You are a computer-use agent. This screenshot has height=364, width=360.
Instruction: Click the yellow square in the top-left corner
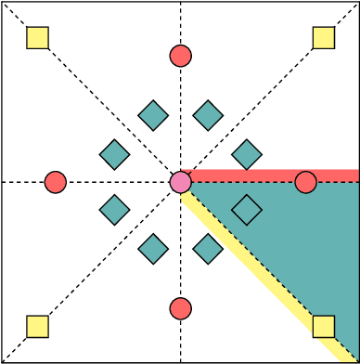(x=37, y=37)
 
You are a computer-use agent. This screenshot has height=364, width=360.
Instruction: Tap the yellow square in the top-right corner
(x=323, y=37)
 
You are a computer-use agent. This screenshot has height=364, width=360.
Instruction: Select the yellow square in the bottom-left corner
(x=37, y=326)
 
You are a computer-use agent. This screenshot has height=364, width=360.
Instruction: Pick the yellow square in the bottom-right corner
(x=323, y=326)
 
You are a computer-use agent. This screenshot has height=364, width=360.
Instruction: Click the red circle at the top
(x=181, y=56)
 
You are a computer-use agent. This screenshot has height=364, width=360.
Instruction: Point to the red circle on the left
(x=56, y=182)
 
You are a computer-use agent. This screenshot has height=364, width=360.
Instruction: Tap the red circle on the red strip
(x=305, y=182)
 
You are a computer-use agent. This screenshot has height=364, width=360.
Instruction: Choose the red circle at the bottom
(x=181, y=307)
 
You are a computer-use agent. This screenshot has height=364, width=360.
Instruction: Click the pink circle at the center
(x=181, y=182)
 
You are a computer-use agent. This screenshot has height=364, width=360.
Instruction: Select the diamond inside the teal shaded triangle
(x=246, y=210)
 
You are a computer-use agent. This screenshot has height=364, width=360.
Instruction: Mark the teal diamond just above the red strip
(x=246, y=154)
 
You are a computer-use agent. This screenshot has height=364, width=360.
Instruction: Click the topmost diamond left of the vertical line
(x=153, y=115)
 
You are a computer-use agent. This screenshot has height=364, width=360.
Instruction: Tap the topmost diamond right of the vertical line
(x=208, y=115)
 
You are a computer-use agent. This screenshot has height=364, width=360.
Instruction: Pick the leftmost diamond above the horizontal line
(x=114, y=154)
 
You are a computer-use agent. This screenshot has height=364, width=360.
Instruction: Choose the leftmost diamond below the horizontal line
(x=114, y=210)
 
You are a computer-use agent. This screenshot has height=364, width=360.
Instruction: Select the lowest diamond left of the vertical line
(x=153, y=249)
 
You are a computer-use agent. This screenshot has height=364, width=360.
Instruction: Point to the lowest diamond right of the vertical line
(x=208, y=249)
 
